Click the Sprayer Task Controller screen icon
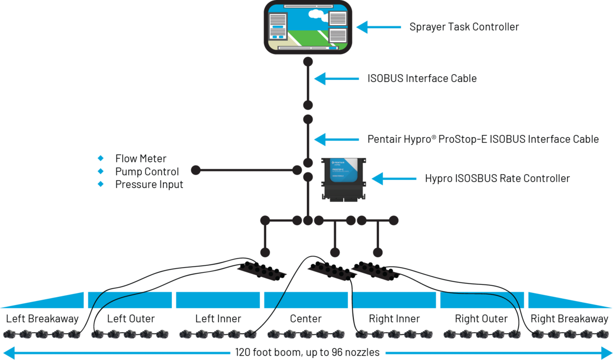pos(308,27)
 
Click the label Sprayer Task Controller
pos(464,27)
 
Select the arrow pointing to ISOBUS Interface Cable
pos(336,79)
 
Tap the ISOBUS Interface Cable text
pos(421,79)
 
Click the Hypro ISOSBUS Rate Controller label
pos(497,179)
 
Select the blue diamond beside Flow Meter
pos(101,158)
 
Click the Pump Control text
pos(147,171)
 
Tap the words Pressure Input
pos(149,184)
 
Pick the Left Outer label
pos(131,319)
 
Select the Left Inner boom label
pos(218,319)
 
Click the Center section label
pos(306,319)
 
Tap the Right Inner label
pos(394,319)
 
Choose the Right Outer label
pos(481,319)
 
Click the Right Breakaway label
pos(569,319)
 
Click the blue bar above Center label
pos(306,300)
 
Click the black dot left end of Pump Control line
pos(195,170)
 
